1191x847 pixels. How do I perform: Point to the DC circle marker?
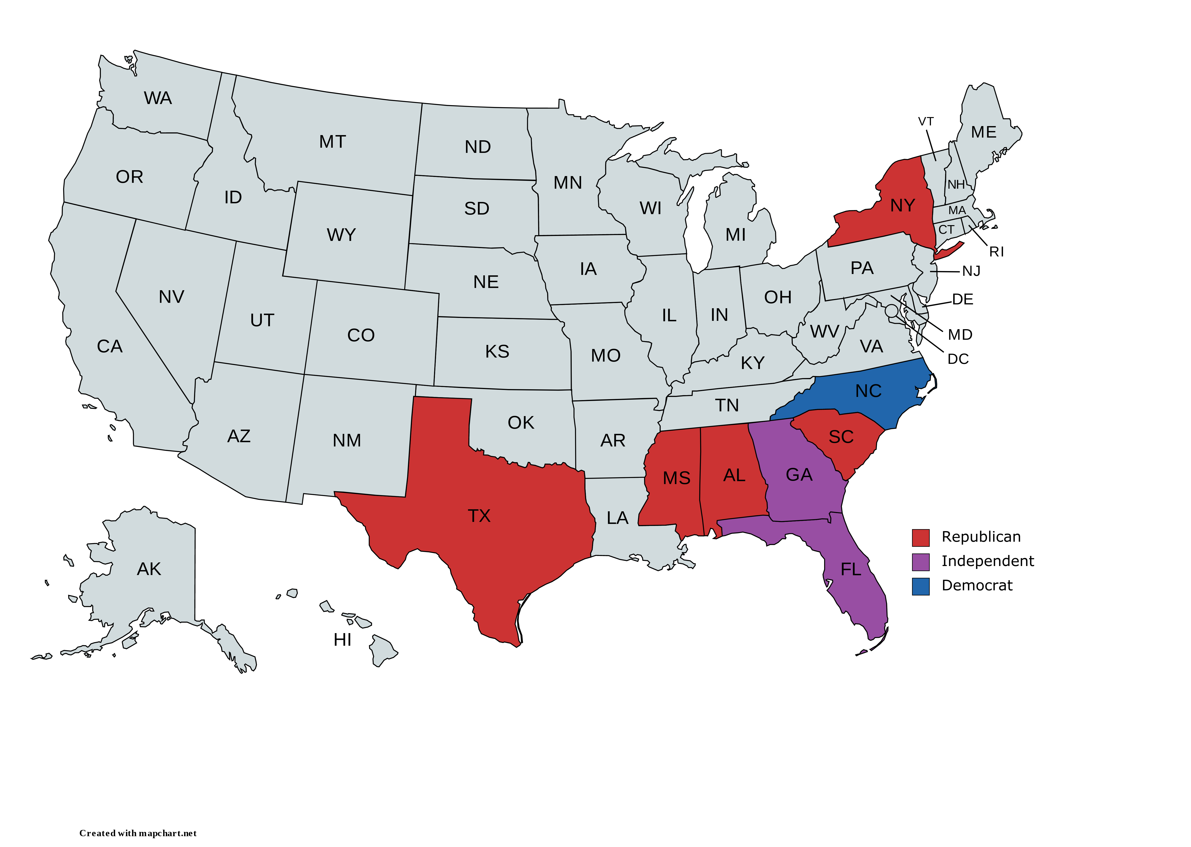[892, 311]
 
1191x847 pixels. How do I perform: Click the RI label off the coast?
[996, 252]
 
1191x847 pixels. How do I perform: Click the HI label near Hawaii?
[342, 640]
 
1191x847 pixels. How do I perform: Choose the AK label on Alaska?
[149, 569]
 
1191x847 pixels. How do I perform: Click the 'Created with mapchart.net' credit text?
[138, 833]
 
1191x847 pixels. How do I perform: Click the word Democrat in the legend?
[976, 586]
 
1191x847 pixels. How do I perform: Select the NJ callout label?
[971, 271]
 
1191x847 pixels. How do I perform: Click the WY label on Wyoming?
[341, 235]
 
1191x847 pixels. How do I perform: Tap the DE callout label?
[962, 299]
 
